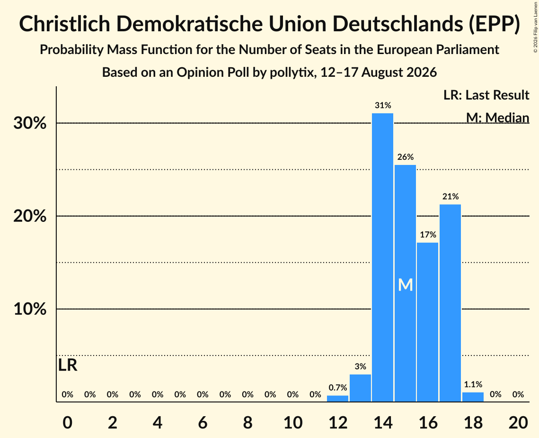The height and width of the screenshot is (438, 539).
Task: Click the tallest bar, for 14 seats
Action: click(382, 257)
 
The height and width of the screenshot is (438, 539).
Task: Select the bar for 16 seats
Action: click(428, 322)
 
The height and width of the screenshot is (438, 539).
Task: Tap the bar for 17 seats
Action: click(451, 303)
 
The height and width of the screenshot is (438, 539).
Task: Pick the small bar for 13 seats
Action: click(360, 388)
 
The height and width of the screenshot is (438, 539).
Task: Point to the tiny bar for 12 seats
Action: click(337, 399)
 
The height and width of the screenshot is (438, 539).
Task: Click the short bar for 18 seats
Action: click(473, 397)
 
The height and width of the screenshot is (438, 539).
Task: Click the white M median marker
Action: click(405, 285)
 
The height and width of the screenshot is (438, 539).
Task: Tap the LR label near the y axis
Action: click(68, 365)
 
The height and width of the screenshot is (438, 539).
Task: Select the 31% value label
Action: click(383, 105)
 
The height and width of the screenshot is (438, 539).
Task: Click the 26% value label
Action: click(406, 157)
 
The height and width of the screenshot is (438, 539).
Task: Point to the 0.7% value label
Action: click(338, 388)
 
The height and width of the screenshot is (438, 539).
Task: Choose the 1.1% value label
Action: click(473, 384)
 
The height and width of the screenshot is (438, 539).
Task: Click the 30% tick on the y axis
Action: click(30, 123)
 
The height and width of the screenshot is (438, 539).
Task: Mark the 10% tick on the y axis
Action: click(30, 309)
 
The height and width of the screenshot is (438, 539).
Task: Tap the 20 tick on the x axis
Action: click(518, 423)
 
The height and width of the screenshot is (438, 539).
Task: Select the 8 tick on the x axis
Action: click(247, 423)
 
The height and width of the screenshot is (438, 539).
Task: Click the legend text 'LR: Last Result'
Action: click(486, 95)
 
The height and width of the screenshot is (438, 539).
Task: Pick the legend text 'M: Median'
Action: click(498, 118)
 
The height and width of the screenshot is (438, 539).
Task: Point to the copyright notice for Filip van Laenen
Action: click(535, 27)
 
